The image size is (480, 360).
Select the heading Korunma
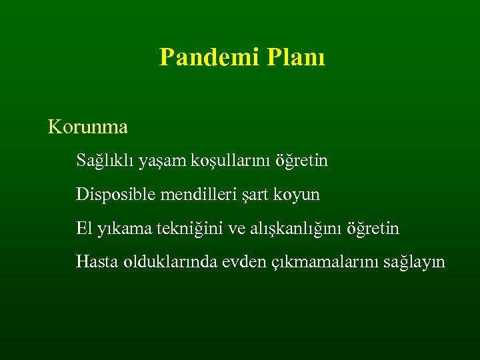[87, 126]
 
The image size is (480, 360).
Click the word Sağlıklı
[106, 161]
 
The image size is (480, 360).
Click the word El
[83, 229]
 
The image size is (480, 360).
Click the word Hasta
[97, 262]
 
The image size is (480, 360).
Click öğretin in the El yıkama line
[374, 229]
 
